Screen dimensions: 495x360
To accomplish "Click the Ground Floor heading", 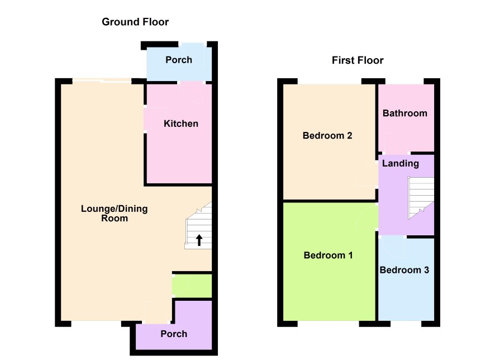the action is [x=135, y=22].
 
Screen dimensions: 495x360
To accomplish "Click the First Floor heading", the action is [x=358, y=60].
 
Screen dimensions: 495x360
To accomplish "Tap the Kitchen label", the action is [x=181, y=124].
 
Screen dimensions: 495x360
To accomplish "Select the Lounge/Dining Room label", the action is [x=115, y=213].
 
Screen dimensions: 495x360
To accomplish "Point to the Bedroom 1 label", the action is [x=328, y=255].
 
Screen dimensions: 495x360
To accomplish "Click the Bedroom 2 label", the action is [x=327, y=135].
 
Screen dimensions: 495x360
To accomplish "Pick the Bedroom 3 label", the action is [x=404, y=270].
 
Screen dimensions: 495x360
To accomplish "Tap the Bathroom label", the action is [x=404, y=113].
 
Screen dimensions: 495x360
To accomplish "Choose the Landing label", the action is [x=400, y=164].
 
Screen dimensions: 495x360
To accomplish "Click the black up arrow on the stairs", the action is [x=199, y=240].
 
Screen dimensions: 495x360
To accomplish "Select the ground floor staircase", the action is [x=198, y=226].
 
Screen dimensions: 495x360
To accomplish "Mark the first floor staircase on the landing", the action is [x=421, y=198].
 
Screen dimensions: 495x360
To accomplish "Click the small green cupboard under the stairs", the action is [x=192, y=286].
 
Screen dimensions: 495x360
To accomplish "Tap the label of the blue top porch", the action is [x=179, y=60].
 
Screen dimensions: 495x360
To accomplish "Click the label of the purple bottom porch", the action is [x=174, y=334].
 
